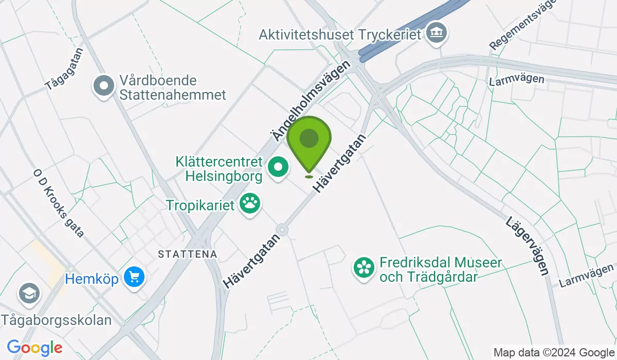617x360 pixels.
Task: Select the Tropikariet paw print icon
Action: pos(251,204)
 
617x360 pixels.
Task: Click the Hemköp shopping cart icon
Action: pos(135,278)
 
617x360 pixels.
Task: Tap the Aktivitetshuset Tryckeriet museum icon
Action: pos(438,34)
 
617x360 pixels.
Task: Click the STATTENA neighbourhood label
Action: pos(188,254)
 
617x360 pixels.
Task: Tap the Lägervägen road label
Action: pos(528,246)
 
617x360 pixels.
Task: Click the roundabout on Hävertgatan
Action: pos(281,229)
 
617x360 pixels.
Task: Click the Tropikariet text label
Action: pos(200,205)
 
